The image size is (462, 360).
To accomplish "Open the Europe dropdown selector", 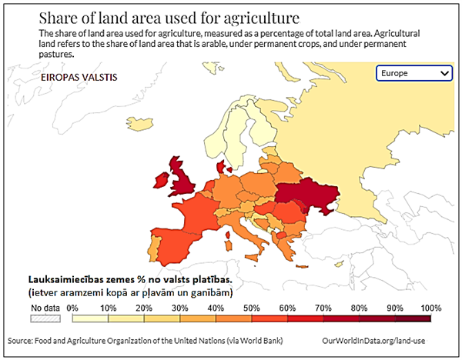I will point(414,73).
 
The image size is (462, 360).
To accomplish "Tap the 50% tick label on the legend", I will point(250,308).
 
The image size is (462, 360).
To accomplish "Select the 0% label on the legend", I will point(73,308).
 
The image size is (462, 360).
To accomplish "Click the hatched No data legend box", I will point(45,317).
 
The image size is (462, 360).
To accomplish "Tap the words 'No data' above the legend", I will point(45,308).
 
